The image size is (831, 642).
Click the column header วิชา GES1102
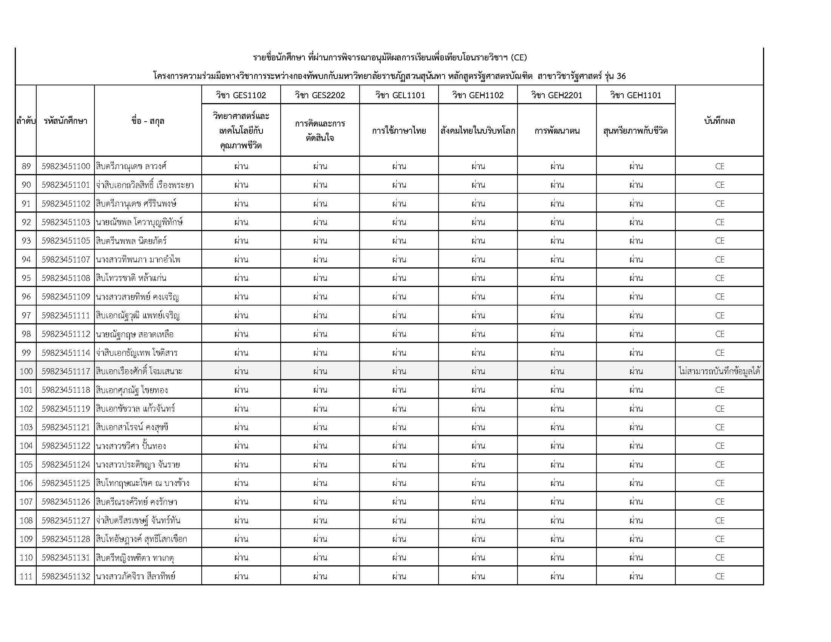tap(241, 95)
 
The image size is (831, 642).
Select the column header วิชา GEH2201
tap(557, 95)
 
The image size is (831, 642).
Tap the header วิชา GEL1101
tap(399, 95)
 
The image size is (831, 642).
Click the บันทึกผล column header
tap(719, 121)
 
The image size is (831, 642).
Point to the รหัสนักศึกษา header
tap(65, 121)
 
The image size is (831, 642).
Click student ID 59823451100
tap(66, 166)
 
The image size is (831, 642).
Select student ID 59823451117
tap(66, 371)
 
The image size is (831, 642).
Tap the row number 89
tap(26, 166)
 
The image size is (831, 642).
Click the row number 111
tap(26, 576)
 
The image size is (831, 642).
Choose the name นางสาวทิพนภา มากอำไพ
tap(138, 259)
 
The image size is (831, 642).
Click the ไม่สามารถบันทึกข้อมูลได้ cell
tap(719, 371)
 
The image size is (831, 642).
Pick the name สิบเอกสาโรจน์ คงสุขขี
tap(132, 427)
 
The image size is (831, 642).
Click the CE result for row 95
tap(720, 278)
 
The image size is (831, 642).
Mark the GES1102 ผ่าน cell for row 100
tap(241, 371)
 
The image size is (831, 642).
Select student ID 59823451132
tap(66, 576)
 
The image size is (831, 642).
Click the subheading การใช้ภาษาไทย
tap(399, 131)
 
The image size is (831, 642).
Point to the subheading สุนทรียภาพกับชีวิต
tap(635, 131)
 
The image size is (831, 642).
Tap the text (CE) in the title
tap(519, 58)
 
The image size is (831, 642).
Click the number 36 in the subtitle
tap(621, 76)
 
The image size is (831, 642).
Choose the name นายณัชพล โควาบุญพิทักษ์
tap(139, 222)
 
